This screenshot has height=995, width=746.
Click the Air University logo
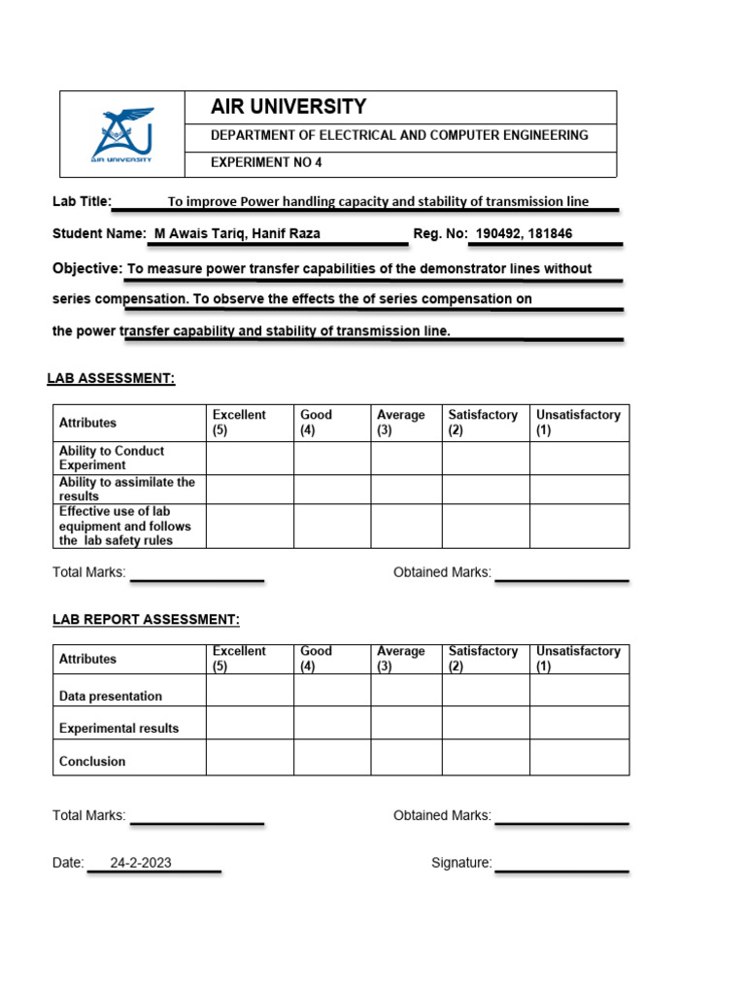122,134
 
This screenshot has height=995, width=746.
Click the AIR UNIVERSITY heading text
288,107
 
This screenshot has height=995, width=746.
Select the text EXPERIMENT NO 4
266,163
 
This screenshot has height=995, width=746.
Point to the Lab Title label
82,201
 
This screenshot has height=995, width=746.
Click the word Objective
86,268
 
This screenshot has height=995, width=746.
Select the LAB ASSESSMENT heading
111,378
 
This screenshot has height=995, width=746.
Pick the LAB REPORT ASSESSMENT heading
146,619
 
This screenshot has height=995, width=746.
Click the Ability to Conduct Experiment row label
111,458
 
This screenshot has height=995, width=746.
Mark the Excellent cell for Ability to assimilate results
250,489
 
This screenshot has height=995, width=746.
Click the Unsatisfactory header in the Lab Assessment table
578,422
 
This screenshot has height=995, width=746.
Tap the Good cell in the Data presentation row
332,691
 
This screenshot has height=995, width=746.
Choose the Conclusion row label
92,761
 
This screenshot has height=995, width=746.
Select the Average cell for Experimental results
406,723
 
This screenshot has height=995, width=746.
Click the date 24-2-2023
141,863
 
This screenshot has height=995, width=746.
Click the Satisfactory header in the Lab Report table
483,658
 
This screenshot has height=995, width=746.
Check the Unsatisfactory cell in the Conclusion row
579,757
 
